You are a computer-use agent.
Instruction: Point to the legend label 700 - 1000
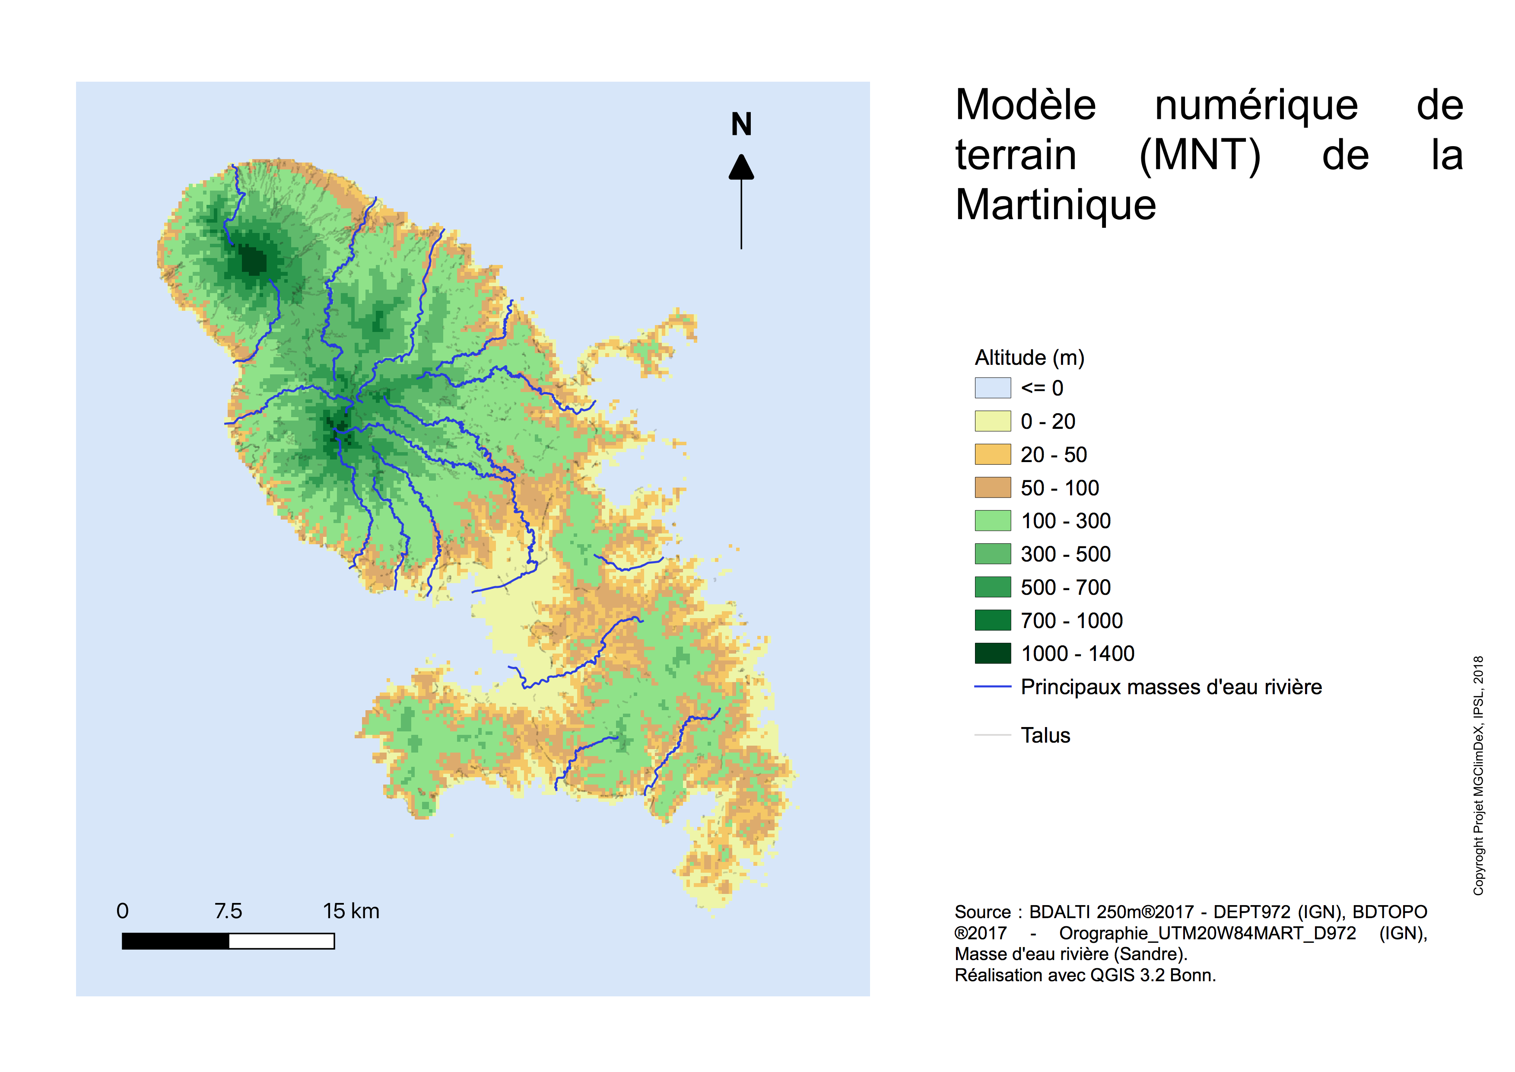click(1072, 620)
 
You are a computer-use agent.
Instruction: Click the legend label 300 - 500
click(1066, 555)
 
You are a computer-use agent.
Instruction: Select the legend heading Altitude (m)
click(1029, 358)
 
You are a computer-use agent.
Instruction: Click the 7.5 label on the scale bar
click(228, 911)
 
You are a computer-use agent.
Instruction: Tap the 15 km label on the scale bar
click(351, 911)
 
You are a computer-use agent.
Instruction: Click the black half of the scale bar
click(175, 941)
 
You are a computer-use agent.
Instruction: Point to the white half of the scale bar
click(282, 941)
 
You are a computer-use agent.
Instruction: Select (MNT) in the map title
click(1200, 156)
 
